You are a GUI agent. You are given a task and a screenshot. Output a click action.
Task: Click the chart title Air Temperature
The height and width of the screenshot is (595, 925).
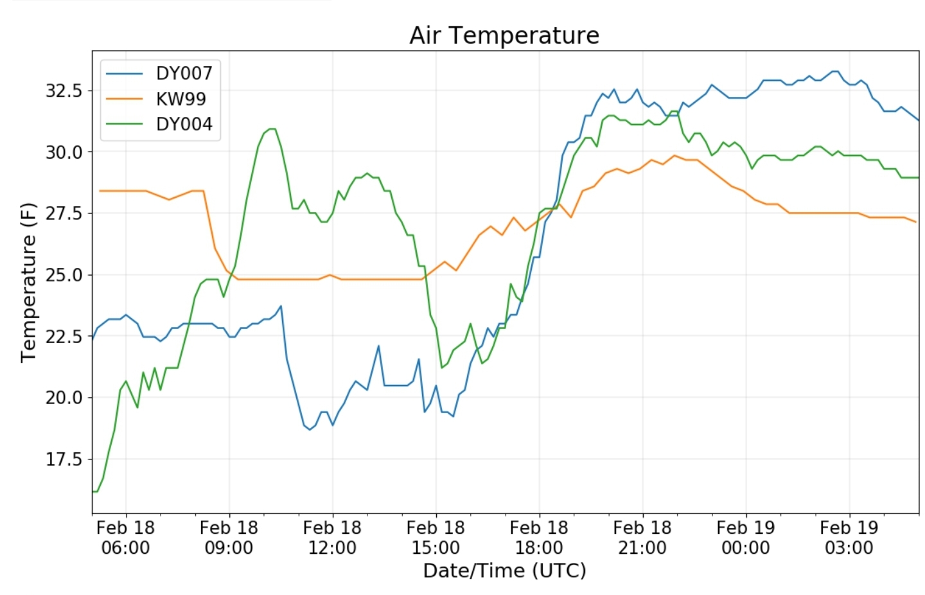tap(504, 35)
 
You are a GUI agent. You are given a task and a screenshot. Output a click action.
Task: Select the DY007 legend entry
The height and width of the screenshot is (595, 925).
tap(184, 73)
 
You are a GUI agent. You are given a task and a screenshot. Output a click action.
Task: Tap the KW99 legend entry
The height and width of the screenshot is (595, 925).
tap(181, 99)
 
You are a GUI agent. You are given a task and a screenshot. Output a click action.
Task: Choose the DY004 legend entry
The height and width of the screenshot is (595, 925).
tap(184, 124)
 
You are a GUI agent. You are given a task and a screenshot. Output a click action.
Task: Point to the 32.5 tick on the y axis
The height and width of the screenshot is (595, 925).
tap(64, 91)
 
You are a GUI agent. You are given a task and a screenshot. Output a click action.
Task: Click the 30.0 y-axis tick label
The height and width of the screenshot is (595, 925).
tap(64, 152)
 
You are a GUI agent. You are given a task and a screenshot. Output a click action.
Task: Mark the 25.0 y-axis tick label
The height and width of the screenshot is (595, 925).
tap(64, 275)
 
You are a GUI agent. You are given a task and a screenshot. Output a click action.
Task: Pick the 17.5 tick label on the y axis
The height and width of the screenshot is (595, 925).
tap(64, 459)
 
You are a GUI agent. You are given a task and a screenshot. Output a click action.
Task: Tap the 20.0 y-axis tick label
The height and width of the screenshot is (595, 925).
tap(64, 398)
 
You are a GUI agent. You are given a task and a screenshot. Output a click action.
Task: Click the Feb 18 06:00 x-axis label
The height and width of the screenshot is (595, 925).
tap(125, 538)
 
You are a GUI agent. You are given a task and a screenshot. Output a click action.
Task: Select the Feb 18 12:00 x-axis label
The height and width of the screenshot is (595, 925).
tap(332, 538)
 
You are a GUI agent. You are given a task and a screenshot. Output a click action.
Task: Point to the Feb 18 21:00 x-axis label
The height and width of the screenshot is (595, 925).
tap(642, 538)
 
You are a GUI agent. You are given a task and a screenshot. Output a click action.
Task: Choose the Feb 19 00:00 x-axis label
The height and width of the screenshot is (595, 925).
tap(746, 538)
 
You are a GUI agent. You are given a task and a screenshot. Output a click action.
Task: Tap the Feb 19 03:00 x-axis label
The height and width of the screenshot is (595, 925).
tap(849, 538)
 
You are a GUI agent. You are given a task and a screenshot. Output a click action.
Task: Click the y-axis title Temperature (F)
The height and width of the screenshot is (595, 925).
tap(28, 283)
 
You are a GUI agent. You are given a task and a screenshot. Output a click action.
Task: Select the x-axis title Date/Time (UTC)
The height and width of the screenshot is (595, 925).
tap(504, 571)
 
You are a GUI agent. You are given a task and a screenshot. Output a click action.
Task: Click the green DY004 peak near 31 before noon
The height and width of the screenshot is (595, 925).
tap(272, 129)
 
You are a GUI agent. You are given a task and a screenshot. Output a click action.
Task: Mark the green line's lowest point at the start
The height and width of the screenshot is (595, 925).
tap(95, 492)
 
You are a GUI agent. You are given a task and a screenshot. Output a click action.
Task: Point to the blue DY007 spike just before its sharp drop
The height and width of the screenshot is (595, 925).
tap(281, 306)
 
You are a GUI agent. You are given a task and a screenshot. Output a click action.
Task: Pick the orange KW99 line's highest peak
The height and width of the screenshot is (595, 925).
tap(674, 155)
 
